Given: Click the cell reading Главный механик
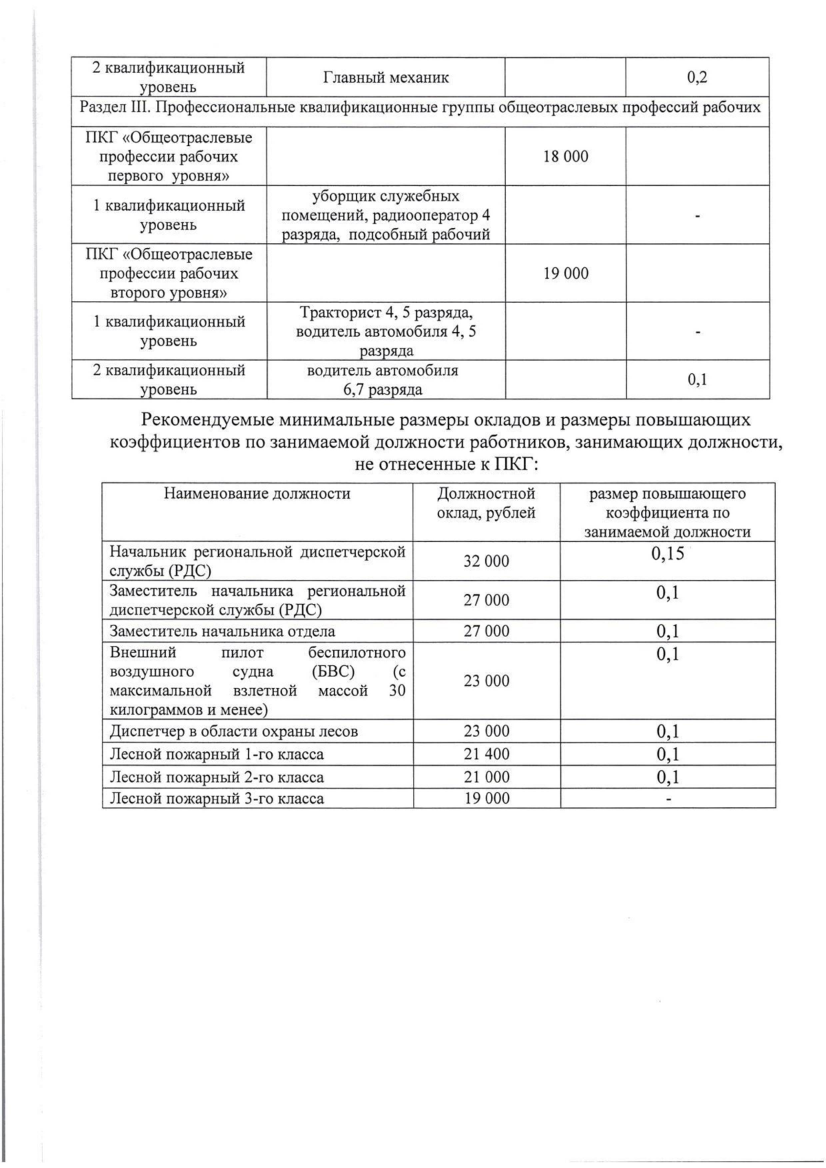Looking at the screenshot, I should pos(385,77).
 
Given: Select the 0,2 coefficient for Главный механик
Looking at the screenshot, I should pos(697,77).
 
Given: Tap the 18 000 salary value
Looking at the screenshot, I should pos(565,156).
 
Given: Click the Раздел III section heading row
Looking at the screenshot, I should pos(420,107).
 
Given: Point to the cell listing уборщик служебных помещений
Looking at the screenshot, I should pos(385,215).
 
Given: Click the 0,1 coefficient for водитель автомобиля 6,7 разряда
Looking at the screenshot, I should pos(697,379).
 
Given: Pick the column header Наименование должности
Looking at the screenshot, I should pos(257,493).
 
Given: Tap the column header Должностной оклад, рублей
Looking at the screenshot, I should pos(486,503).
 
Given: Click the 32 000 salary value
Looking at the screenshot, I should pos(486,561).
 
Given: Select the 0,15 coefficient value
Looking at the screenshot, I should pos(667,554).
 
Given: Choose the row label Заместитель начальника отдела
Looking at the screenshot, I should pos(222,631).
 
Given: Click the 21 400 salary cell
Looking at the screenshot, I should pos(486,754).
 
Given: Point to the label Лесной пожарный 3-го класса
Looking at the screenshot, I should pos(217,799).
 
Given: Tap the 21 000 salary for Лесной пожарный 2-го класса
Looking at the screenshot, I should pos(486,777).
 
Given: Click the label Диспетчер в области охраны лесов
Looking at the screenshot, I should pos(234,731).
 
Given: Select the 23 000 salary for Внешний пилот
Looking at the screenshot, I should pos(486,680).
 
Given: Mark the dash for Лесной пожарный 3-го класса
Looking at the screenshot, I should pos(667,799).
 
